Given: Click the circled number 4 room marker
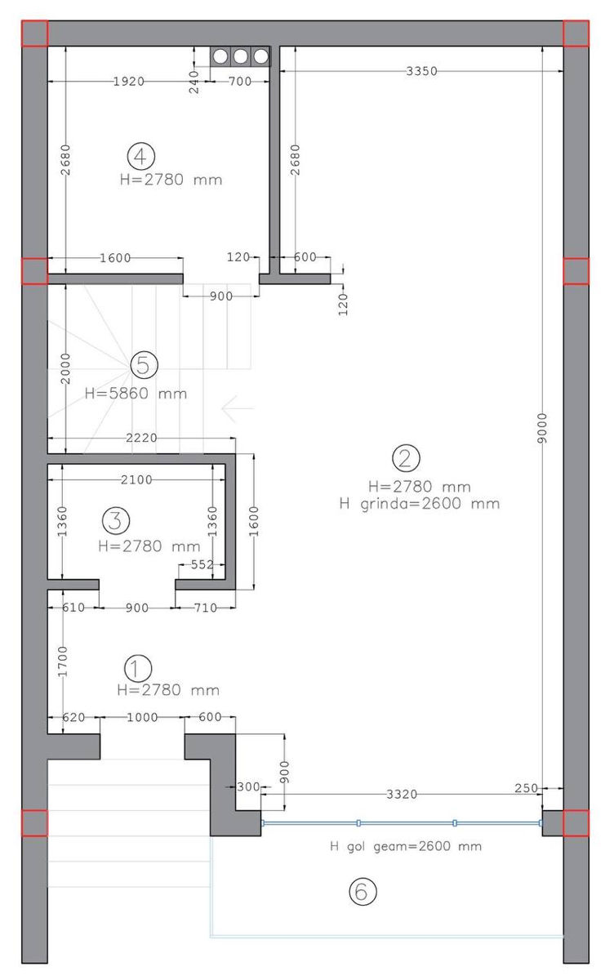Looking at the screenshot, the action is [140, 156].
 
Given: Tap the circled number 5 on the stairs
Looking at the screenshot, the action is [144, 364].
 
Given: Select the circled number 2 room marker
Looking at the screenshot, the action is [406, 458].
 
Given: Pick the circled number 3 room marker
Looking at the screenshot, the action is [116, 520].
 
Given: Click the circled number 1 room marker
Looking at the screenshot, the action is [138, 669].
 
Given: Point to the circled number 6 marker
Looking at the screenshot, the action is [363, 891].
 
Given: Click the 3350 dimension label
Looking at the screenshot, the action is [421, 71].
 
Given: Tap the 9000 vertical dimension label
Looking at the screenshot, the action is [542, 428].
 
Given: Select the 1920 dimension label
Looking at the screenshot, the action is [128, 82].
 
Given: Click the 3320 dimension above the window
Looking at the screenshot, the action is [402, 794].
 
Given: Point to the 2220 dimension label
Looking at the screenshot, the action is [141, 438].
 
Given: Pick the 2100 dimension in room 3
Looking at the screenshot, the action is [136, 480].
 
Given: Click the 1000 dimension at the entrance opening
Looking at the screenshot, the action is [142, 717].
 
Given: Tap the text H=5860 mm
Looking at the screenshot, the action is [136, 394].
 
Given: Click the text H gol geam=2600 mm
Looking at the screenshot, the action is [406, 846].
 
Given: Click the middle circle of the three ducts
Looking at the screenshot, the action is [240, 56].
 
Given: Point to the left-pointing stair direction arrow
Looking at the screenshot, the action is [238, 408].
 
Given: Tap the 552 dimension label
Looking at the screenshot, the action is [202, 564].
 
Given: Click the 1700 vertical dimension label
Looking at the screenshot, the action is [63, 661].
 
